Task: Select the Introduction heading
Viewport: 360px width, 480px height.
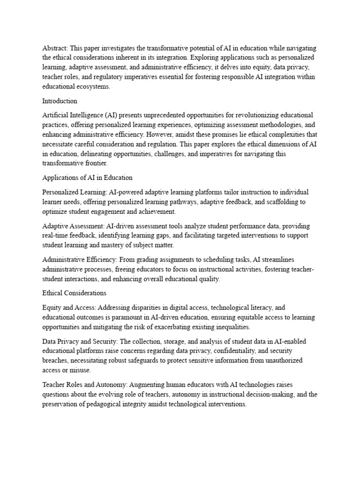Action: pyautogui.click(x=60, y=101)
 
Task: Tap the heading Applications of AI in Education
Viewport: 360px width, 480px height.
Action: pyautogui.click(x=87, y=178)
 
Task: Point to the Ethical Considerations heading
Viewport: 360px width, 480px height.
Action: pyautogui.click(x=75, y=293)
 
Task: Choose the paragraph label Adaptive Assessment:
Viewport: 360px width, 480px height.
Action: pyautogui.click(x=74, y=225)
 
